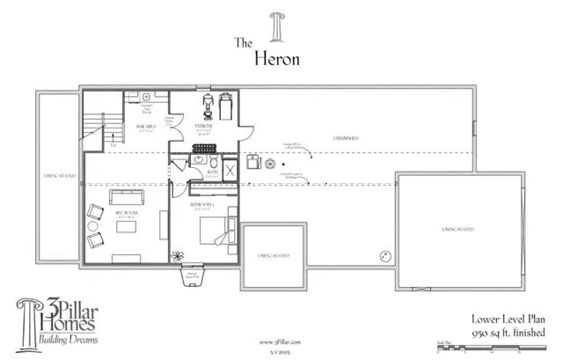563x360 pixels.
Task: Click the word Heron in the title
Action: click(278, 59)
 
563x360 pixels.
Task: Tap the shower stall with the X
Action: click(229, 170)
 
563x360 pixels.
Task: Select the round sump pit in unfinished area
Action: click(384, 257)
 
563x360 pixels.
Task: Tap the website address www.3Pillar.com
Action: click(275, 342)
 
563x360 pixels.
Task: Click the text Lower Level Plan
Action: click(509, 320)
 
